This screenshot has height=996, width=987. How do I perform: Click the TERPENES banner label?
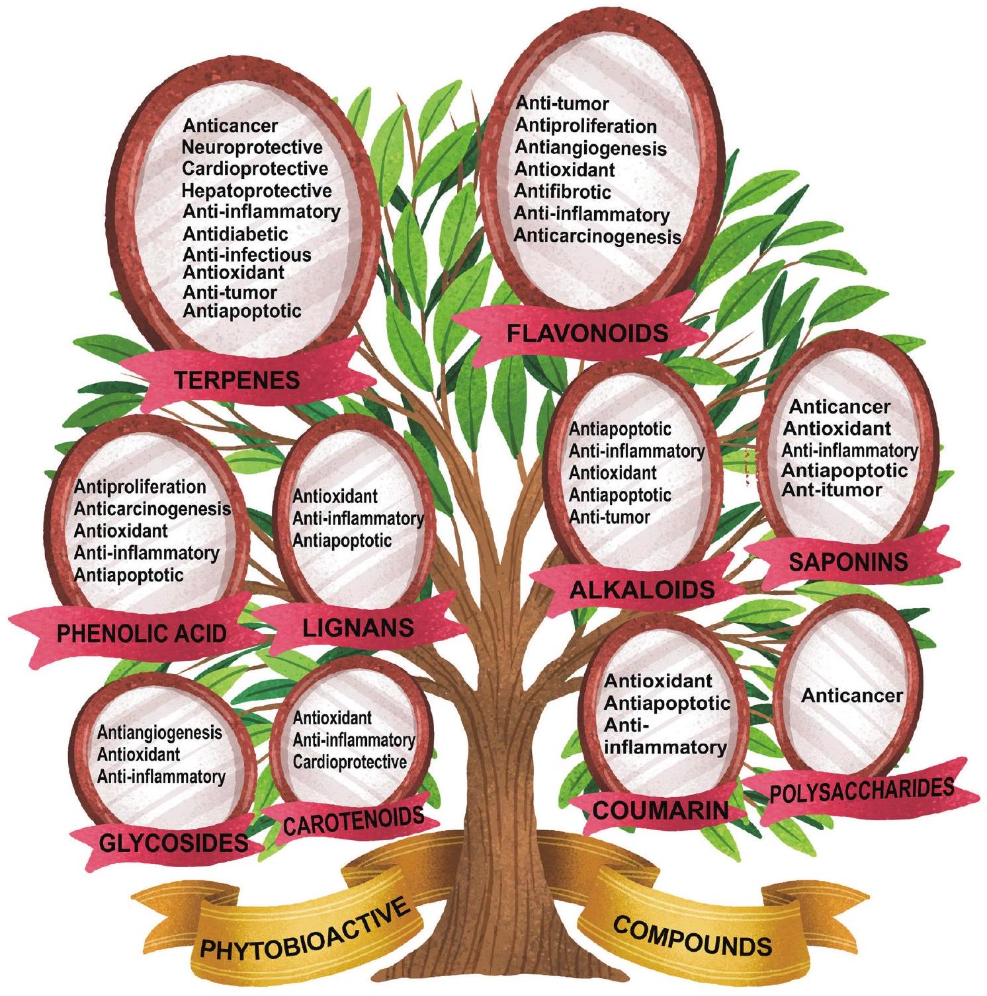(x=237, y=380)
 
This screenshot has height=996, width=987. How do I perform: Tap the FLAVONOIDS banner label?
(x=587, y=333)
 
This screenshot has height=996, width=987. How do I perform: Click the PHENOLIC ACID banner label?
(x=142, y=633)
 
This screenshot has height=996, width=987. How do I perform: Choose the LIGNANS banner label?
(x=358, y=627)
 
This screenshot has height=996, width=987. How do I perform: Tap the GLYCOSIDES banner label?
(x=173, y=843)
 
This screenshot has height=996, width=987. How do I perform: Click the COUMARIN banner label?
(x=660, y=810)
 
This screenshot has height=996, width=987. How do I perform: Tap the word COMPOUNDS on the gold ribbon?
(x=692, y=935)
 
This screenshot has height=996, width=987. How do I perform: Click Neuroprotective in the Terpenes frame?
(x=252, y=147)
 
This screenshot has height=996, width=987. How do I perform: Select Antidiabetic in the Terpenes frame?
(x=236, y=234)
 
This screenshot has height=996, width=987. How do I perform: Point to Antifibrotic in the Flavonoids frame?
(x=563, y=192)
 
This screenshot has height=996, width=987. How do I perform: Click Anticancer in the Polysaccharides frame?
(x=852, y=695)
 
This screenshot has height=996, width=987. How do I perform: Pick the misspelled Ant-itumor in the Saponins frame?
(x=832, y=490)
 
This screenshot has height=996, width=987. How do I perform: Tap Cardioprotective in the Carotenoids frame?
(x=350, y=762)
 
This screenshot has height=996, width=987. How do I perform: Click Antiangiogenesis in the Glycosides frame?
(x=159, y=732)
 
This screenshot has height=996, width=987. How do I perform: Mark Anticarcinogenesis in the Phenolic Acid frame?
(x=152, y=509)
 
